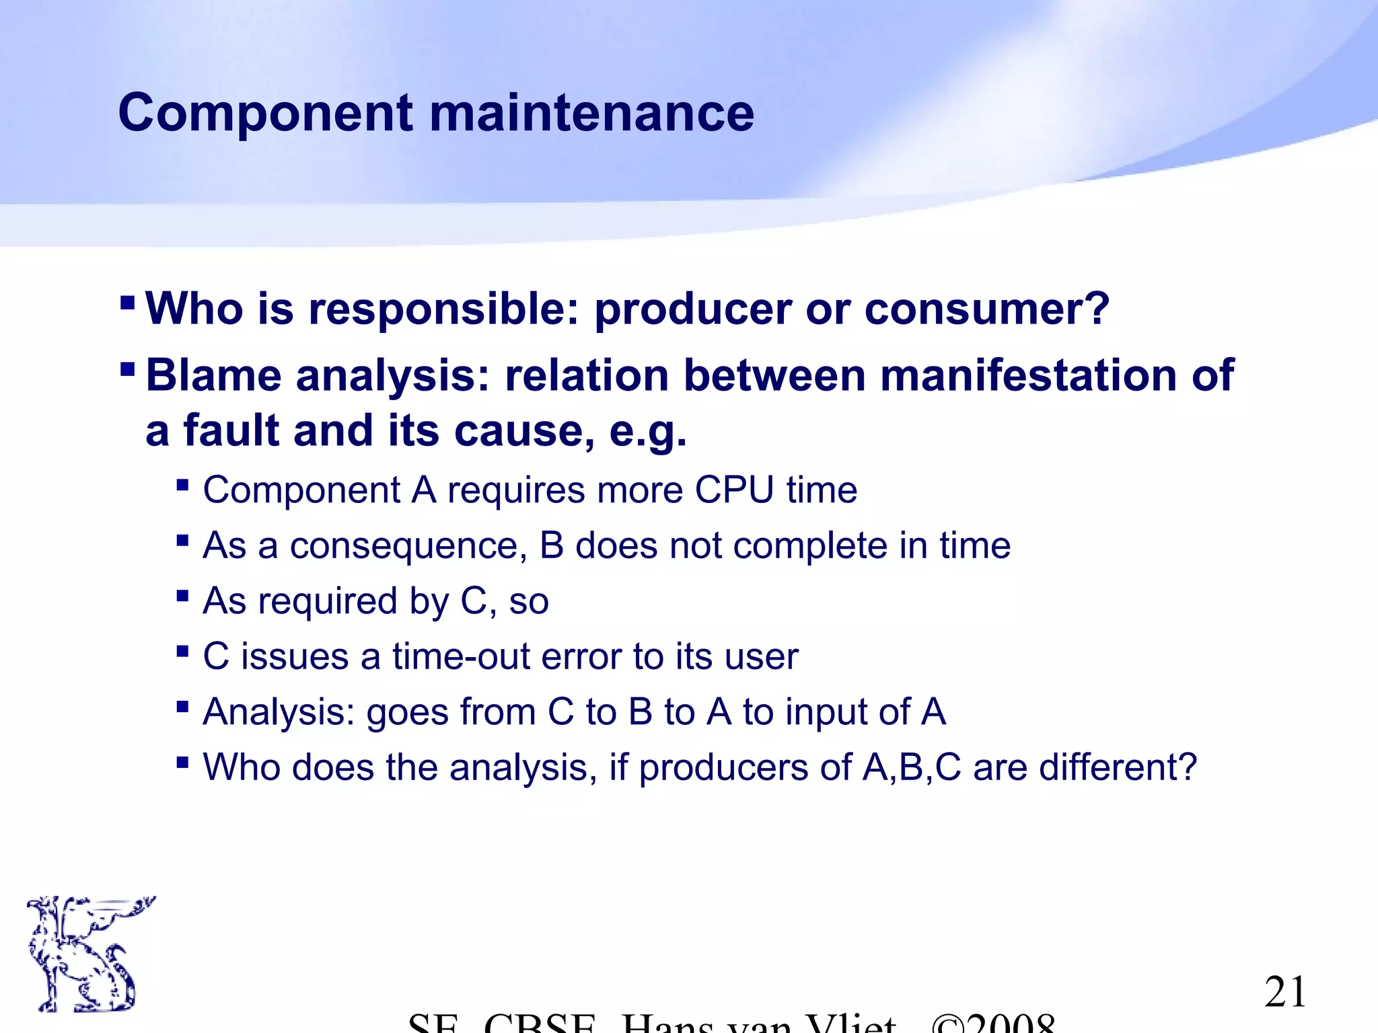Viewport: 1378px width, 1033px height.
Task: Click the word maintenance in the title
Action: point(591,113)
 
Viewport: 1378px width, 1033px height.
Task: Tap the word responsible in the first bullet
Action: point(443,309)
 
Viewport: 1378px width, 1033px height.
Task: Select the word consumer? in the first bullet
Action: point(986,309)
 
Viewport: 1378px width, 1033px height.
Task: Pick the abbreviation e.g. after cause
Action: point(647,431)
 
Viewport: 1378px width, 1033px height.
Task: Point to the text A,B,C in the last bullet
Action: point(912,767)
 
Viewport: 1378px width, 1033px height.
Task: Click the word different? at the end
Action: point(1118,767)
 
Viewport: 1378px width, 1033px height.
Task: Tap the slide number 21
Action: point(1285,992)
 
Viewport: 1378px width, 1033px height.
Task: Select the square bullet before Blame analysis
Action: point(127,368)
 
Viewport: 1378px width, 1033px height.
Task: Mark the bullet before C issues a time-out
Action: point(182,651)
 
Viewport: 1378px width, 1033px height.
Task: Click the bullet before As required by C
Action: point(182,595)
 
